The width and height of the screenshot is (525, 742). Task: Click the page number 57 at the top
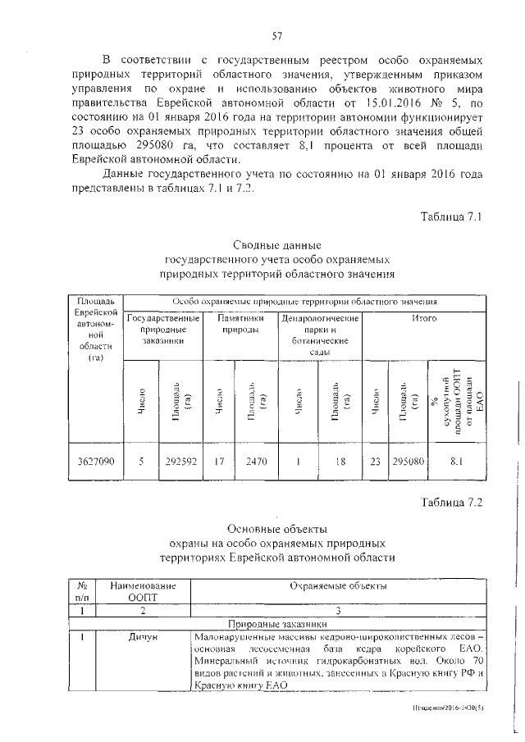[276, 34]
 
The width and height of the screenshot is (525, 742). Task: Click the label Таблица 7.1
[454, 217]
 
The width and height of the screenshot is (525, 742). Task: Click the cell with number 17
[218, 462]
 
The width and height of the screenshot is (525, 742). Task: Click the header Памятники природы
[240, 323]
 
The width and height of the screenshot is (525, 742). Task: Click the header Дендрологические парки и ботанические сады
[320, 334]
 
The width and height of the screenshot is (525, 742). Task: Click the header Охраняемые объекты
[339, 585]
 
